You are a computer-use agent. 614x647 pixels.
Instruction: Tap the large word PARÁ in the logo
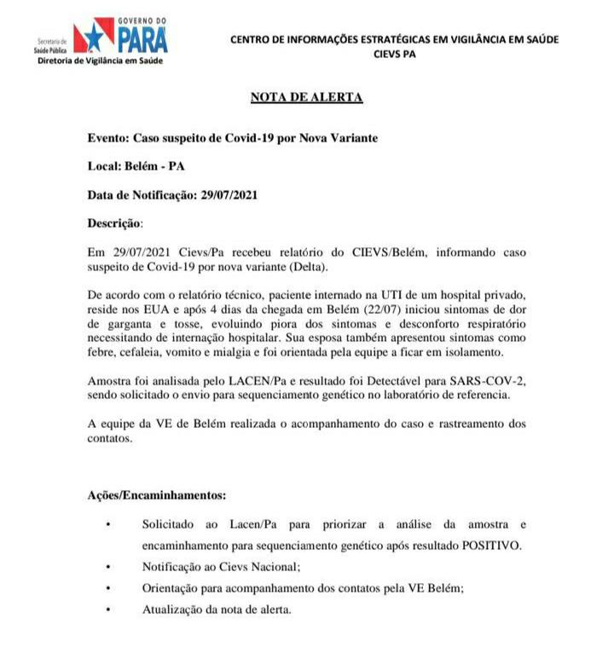click(142, 40)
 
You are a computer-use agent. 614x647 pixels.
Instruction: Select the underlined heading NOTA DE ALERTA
click(307, 97)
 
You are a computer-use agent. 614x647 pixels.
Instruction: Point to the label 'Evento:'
click(108, 137)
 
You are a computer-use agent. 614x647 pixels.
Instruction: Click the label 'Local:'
click(106, 165)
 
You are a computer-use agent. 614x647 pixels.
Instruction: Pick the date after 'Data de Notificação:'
click(229, 194)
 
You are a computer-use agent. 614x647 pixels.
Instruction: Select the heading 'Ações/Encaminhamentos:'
click(157, 495)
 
